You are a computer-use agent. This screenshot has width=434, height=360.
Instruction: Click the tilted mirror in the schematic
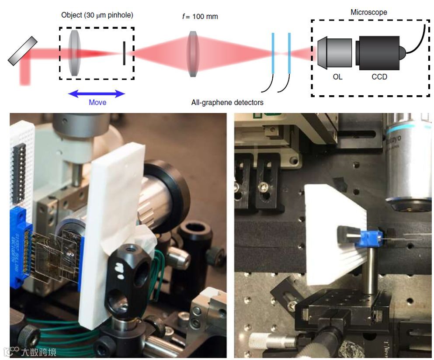[x=23, y=52]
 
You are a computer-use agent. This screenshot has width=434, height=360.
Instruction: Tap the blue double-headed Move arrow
[x=97, y=93]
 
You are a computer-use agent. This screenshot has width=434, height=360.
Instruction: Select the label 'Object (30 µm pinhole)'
[x=97, y=15]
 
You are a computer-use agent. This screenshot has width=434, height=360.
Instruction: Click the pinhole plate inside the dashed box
[x=124, y=53]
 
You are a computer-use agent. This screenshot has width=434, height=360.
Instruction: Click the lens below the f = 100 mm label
[x=193, y=53]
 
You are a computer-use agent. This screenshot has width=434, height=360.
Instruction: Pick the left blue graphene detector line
[x=273, y=54]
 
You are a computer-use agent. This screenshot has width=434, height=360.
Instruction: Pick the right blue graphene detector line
[x=289, y=54]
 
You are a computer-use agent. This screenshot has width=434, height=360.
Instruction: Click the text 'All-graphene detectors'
[x=227, y=103]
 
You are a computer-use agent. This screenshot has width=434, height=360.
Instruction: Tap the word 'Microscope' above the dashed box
[x=368, y=12]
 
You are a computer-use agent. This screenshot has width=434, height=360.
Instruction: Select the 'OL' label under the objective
[x=337, y=77]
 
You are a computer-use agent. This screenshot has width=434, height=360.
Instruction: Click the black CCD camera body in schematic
[x=378, y=53]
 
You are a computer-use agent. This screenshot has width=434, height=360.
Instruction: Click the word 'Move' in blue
[x=97, y=103]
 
